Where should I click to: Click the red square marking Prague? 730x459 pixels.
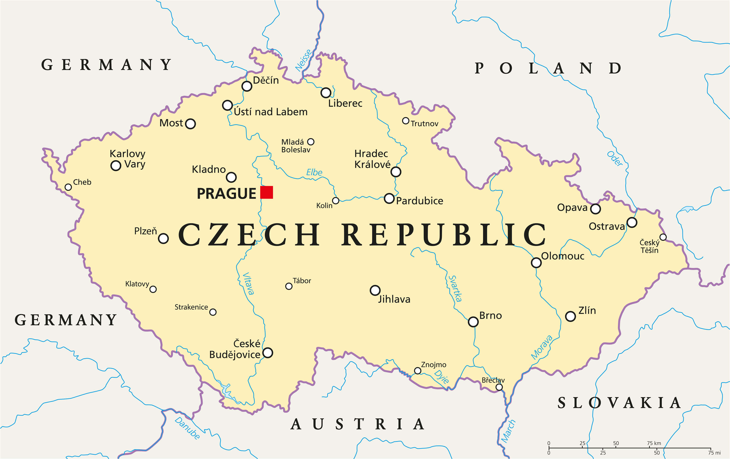[266, 192]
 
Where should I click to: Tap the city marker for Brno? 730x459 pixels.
[473, 322]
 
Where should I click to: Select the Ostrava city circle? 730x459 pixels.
[632, 222]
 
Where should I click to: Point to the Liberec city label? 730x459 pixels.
[345, 103]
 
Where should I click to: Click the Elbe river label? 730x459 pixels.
[314, 173]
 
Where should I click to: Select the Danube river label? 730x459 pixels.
[187, 428]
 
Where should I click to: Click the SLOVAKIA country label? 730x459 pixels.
[619, 403]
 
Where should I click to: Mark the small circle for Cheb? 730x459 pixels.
[68, 187]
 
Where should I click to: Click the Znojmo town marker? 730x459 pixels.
[418, 371]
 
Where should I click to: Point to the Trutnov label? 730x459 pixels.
[424, 124]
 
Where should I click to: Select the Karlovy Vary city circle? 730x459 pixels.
[116, 166]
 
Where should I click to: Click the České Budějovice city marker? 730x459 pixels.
[267, 353]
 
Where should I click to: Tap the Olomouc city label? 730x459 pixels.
[563, 256]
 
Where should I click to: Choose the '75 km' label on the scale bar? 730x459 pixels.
[654, 443]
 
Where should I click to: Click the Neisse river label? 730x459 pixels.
[303, 60]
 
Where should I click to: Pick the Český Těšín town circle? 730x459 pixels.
[663, 237]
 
